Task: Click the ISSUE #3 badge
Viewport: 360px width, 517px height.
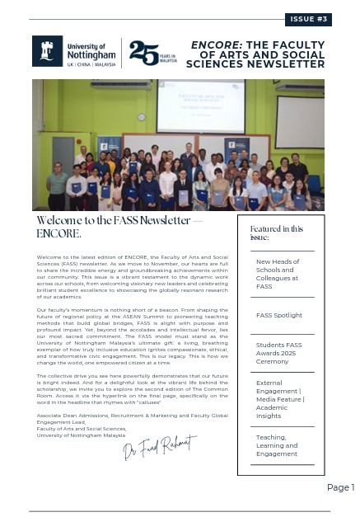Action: [x=309, y=18]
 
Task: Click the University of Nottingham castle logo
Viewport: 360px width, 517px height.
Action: [x=46, y=51]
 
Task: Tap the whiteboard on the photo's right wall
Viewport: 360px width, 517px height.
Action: [x=299, y=120]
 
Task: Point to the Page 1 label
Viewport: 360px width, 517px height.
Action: [x=340, y=487]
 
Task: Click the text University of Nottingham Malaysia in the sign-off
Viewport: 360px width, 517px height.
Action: [x=78, y=435]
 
